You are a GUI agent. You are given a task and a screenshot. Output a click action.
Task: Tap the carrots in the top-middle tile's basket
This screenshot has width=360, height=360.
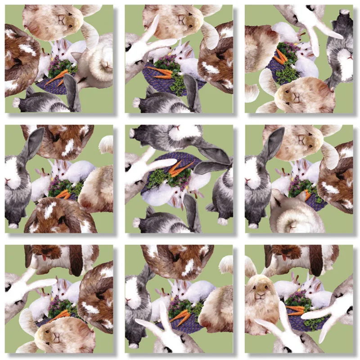click(162, 72)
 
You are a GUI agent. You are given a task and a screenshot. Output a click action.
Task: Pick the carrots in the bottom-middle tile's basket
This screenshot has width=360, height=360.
click(182, 317)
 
